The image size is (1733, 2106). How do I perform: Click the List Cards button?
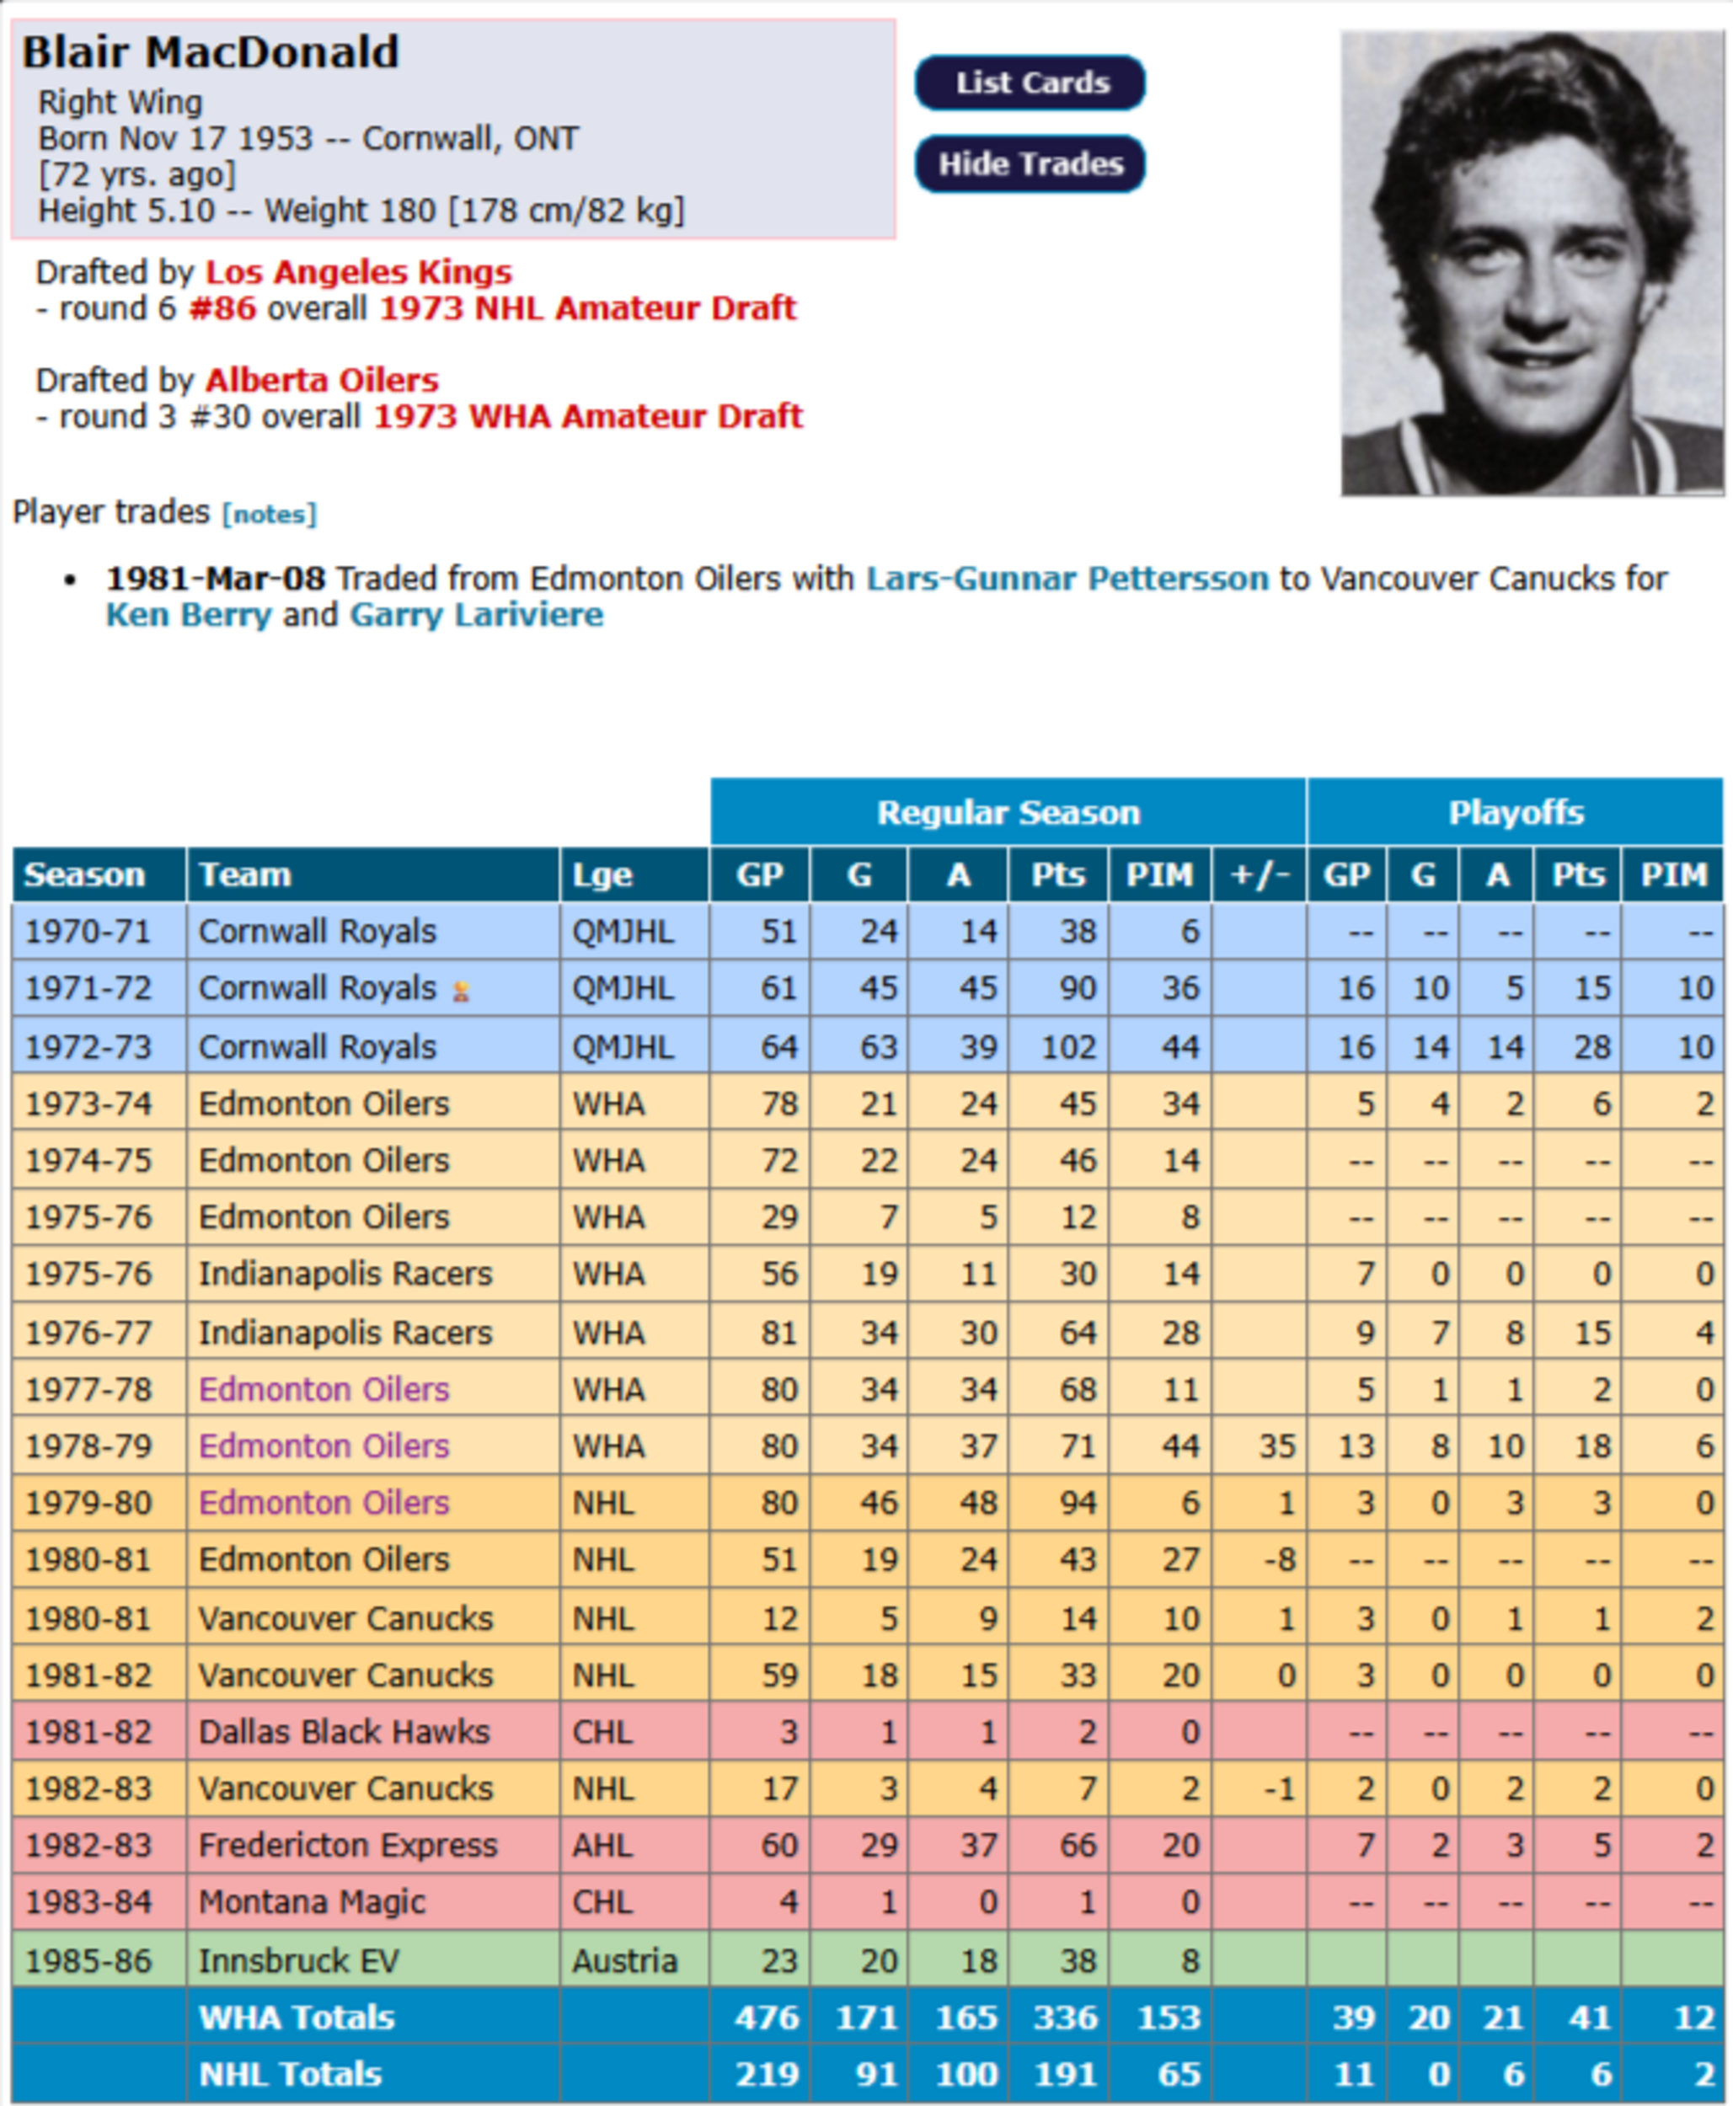point(1030,83)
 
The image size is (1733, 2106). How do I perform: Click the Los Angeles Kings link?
point(358,271)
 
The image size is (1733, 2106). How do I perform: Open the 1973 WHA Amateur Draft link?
point(588,415)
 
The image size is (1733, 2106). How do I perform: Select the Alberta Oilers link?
point(322,379)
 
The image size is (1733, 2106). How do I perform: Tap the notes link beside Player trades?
point(269,514)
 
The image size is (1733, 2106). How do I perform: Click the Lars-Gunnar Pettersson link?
point(1066,578)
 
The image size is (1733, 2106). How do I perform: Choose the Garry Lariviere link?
point(476,614)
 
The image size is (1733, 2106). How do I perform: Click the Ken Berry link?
point(188,614)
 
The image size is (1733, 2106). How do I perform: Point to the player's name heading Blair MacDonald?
point(211,52)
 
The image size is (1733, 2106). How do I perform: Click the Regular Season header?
point(1008,812)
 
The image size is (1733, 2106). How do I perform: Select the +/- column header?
point(1259,875)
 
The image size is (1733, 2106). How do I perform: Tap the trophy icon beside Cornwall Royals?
point(461,992)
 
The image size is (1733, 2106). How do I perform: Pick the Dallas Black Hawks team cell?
point(345,1731)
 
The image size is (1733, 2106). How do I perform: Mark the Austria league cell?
point(624,1960)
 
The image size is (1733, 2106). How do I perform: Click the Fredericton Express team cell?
point(347,1845)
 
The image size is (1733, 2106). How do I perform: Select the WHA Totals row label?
point(297,2018)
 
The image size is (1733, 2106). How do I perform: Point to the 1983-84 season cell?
point(88,1901)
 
